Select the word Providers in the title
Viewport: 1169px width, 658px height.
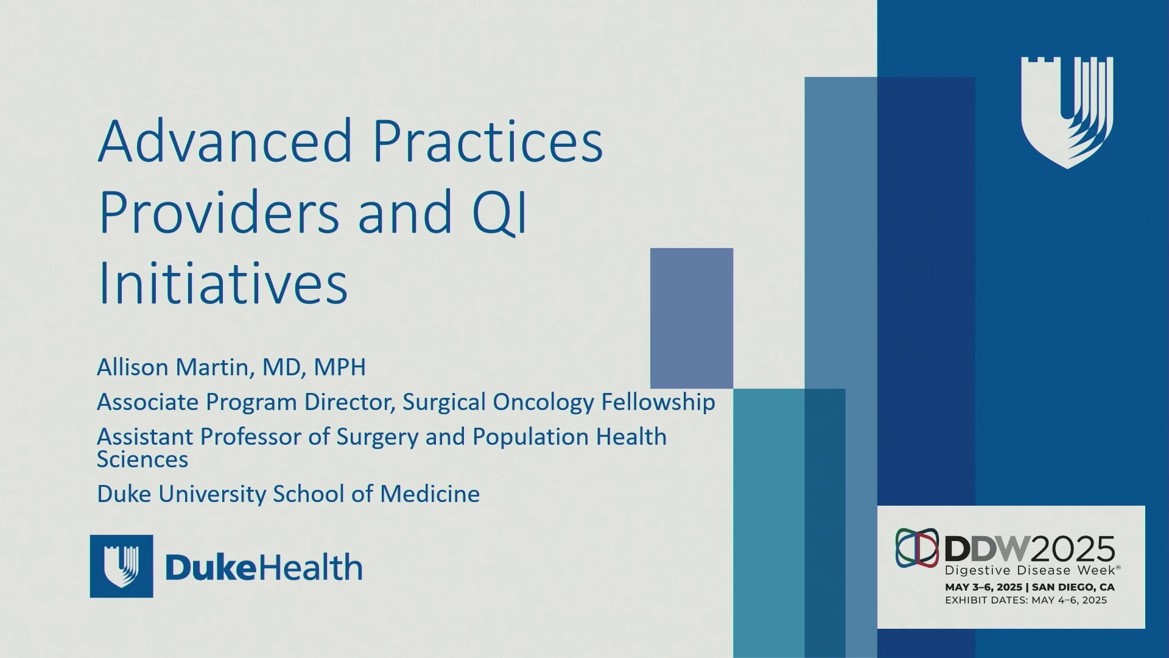point(219,211)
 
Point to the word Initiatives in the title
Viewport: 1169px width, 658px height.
point(223,283)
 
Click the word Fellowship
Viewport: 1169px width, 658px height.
point(658,402)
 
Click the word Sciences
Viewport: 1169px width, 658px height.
point(142,459)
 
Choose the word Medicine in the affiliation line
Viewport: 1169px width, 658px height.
point(430,493)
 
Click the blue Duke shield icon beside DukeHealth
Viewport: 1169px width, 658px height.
point(122,566)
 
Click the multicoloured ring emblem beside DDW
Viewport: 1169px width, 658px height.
point(917,548)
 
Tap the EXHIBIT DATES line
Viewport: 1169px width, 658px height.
point(1026,600)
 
